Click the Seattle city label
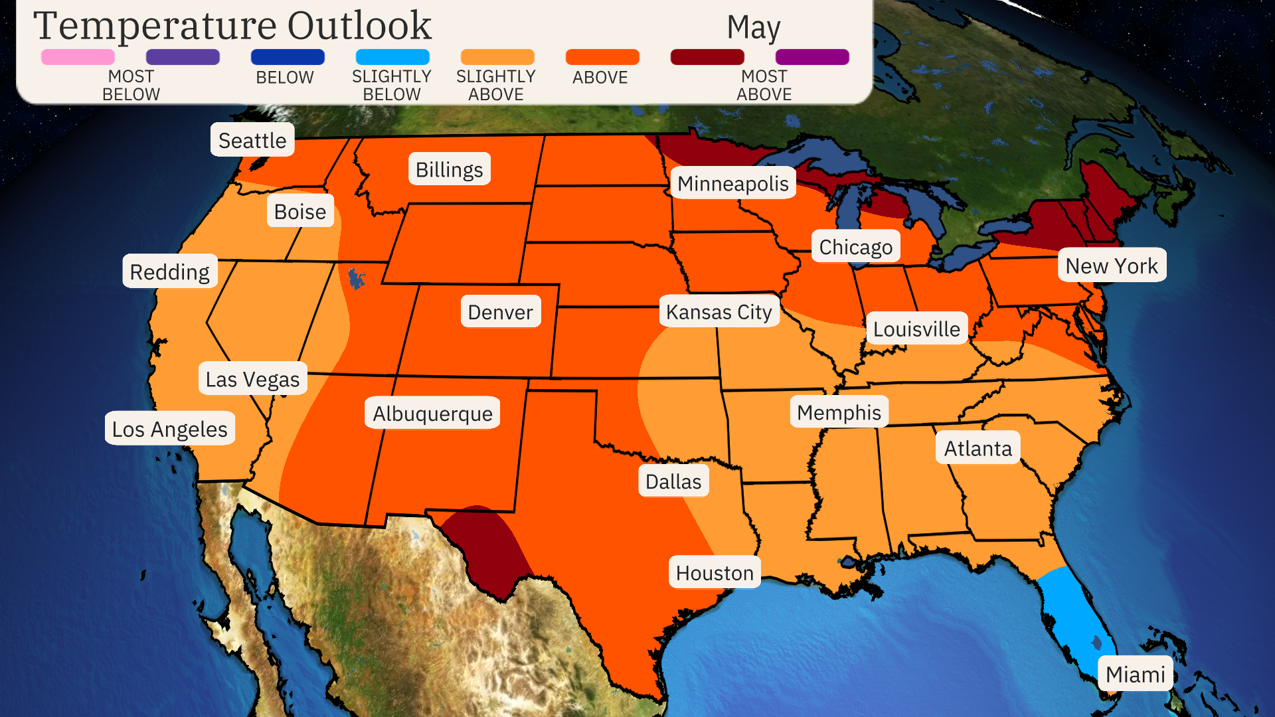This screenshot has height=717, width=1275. (252, 140)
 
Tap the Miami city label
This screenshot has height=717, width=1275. (1135, 674)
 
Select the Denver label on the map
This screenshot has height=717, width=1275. (500, 312)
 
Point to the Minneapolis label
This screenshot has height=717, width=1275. (732, 183)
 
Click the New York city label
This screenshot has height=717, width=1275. (1111, 266)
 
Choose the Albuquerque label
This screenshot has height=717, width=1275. (432, 414)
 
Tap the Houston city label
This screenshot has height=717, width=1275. (715, 573)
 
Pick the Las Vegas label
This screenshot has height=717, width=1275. (252, 379)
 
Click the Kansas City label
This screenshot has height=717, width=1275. (719, 311)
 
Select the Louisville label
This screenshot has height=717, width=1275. (916, 329)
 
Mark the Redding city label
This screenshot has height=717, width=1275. (169, 272)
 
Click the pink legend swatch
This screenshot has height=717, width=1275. (78, 57)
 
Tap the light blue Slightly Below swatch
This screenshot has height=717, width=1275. (392, 57)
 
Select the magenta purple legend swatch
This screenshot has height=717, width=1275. (812, 57)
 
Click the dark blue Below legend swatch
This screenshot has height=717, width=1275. (288, 57)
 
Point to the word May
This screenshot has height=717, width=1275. (753, 28)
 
